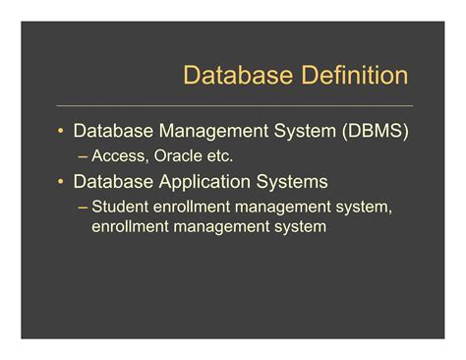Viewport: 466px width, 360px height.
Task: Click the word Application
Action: [206, 182]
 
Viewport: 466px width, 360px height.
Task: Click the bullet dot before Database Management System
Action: [61, 131]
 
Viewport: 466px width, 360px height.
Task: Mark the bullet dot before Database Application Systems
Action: [61, 182]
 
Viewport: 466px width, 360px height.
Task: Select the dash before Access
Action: [83, 155]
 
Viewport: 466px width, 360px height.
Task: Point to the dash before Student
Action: [83, 208]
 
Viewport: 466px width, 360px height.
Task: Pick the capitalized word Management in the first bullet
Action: [207, 131]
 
